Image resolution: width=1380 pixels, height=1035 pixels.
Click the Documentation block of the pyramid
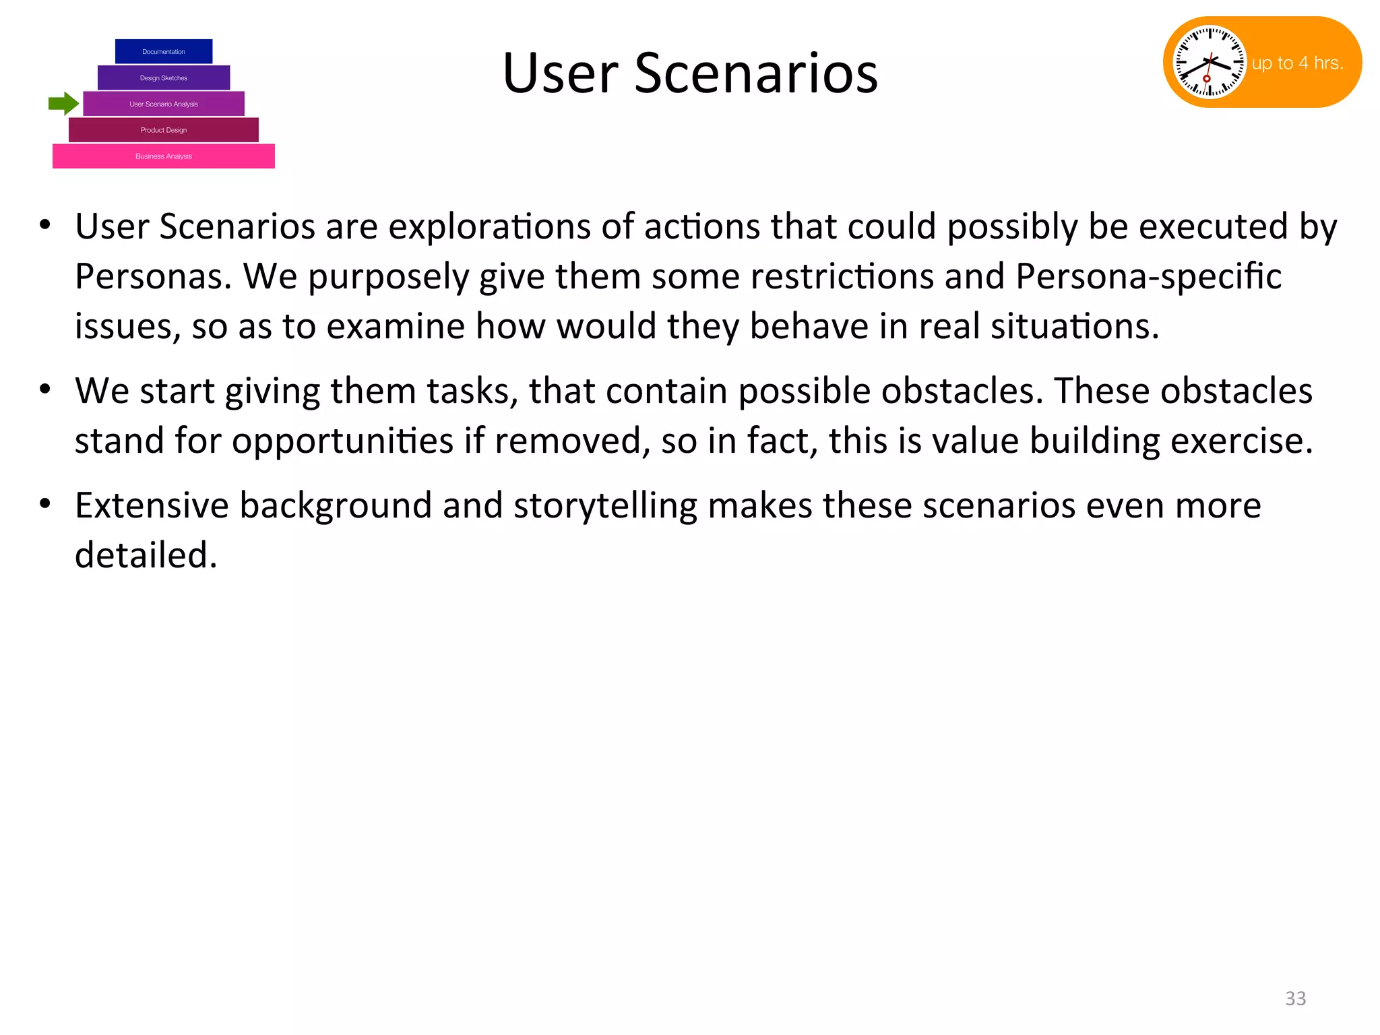[x=164, y=52]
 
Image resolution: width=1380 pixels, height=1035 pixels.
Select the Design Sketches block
[x=164, y=77]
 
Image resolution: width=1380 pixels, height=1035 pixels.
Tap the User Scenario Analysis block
[x=164, y=104]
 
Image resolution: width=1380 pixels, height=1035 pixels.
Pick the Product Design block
[x=164, y=130]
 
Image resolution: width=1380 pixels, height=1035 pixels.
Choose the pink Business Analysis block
[x=164, y=156]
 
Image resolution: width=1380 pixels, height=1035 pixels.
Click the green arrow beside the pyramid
[x=63, y=104]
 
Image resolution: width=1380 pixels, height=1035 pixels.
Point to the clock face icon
[x=1210, y=62]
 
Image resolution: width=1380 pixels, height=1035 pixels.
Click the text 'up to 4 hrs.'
[x=1297, y=63]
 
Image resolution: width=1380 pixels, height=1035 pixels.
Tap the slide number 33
[x=1295, y=998]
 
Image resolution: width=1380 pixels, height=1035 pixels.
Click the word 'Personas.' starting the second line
[x=153, y=276]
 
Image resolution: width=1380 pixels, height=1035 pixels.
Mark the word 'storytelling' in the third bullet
[x=605, y=505]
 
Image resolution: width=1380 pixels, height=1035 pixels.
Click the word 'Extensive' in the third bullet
[x=152, y=505]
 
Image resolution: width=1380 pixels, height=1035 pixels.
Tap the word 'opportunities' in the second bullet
[x=343, y=441]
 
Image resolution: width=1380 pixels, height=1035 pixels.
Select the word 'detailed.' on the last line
[x=146, y=555]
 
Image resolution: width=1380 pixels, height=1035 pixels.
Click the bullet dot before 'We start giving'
[x=45, y=389]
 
